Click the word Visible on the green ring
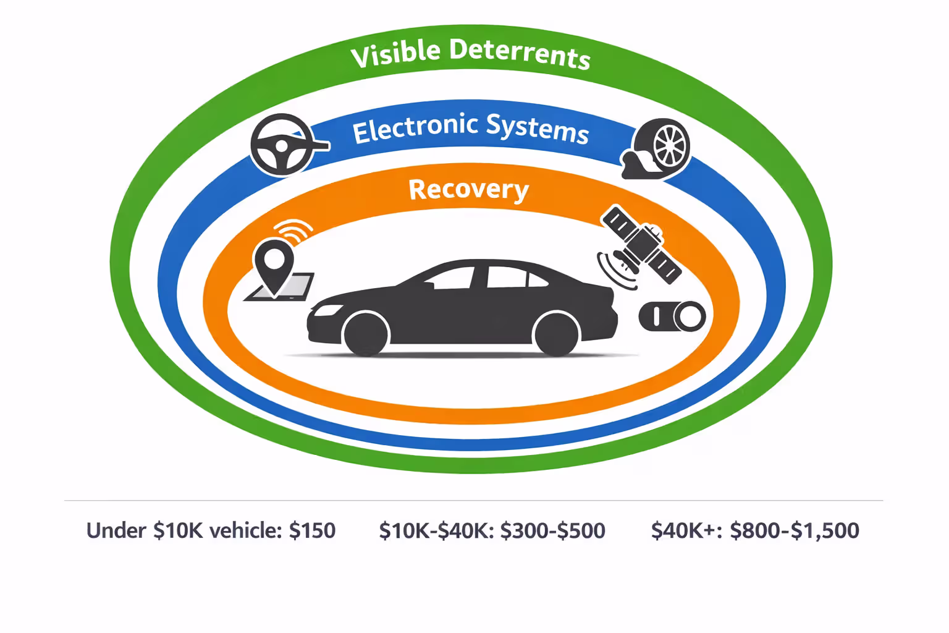pos(395,53)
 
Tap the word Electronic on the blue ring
pos(415,129)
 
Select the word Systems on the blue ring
pos(537,129)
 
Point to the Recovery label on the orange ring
pos(468,189)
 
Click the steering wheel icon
pos(282,145)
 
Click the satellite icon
pos(640,245)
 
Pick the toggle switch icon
pos(672,316)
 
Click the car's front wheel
pos(366,334)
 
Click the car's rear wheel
pos(556,334)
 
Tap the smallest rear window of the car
pos(537,279)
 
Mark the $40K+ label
pos(686,530)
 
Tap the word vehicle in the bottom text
pos(245,530)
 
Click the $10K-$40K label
pos(436,530)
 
